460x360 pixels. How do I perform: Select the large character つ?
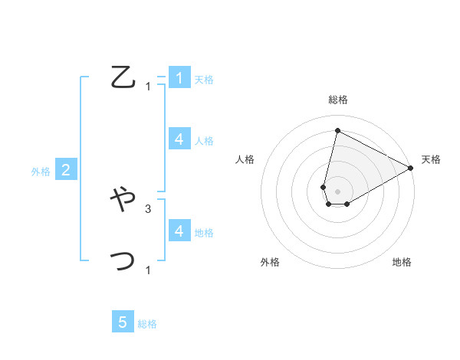123,261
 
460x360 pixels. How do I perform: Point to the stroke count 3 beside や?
148,208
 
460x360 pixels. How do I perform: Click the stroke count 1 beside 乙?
148,86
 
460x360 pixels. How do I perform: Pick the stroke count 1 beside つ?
148,270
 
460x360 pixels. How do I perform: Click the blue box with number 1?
179,77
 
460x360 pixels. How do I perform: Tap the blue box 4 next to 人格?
179,139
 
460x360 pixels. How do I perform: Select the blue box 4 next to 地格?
179,231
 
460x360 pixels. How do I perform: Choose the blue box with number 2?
66,170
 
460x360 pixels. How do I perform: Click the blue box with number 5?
123,322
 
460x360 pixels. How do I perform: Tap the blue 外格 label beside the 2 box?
41,172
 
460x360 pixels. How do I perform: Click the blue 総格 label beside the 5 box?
147,324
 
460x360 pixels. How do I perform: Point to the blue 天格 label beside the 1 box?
204,79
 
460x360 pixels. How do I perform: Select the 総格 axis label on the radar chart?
337,100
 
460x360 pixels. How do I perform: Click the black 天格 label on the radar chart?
431,159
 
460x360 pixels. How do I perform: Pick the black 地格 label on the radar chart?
402,262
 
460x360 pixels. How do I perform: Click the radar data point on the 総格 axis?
337,130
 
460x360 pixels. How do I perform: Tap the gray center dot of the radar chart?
337,191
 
